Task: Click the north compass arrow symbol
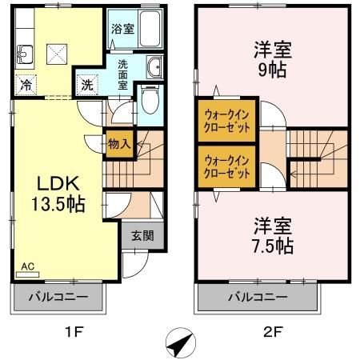point(179,344)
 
